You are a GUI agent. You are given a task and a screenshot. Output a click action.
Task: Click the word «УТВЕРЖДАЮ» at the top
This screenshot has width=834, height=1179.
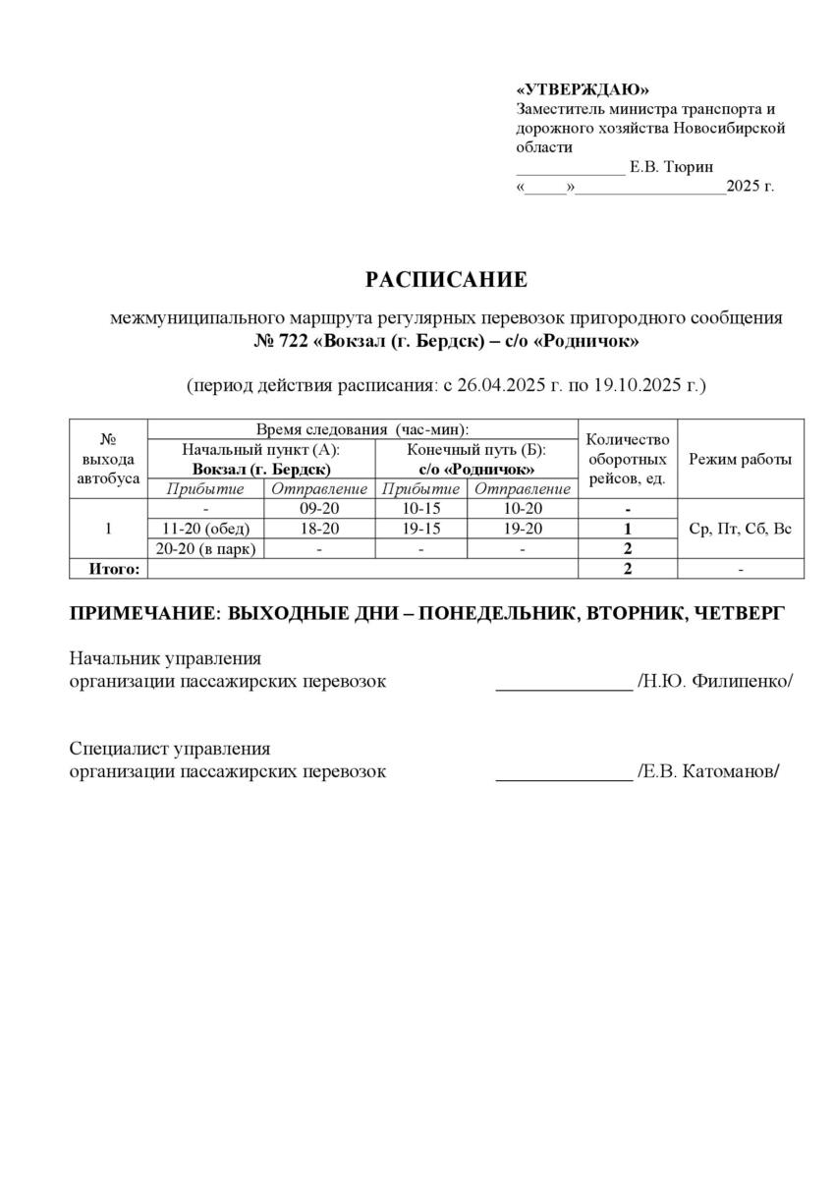coord(583,89)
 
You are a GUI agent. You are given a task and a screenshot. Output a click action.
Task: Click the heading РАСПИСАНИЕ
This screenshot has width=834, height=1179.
coord(446,280)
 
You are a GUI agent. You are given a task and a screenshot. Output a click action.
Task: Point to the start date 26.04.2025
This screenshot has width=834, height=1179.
coord(497,385)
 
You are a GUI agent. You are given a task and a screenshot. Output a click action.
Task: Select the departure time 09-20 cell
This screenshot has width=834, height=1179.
coord(319,509)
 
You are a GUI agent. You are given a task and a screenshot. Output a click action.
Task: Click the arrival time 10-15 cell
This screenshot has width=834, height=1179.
coord(422,509)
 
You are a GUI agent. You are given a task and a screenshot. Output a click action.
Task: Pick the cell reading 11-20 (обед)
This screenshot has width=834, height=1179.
coord(206,529)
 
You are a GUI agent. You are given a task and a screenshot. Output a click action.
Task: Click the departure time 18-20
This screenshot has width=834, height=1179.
coord(319,529)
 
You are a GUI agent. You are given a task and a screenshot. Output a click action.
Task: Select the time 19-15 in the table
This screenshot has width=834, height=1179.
coord(422,529)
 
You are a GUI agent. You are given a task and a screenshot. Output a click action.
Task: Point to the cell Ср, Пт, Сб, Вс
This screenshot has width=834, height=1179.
coord(741,529)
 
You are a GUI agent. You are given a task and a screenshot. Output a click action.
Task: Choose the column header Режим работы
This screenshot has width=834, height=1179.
coord(741,459)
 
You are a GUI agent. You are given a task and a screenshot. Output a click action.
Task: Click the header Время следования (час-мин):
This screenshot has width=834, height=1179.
coord(361,429)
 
